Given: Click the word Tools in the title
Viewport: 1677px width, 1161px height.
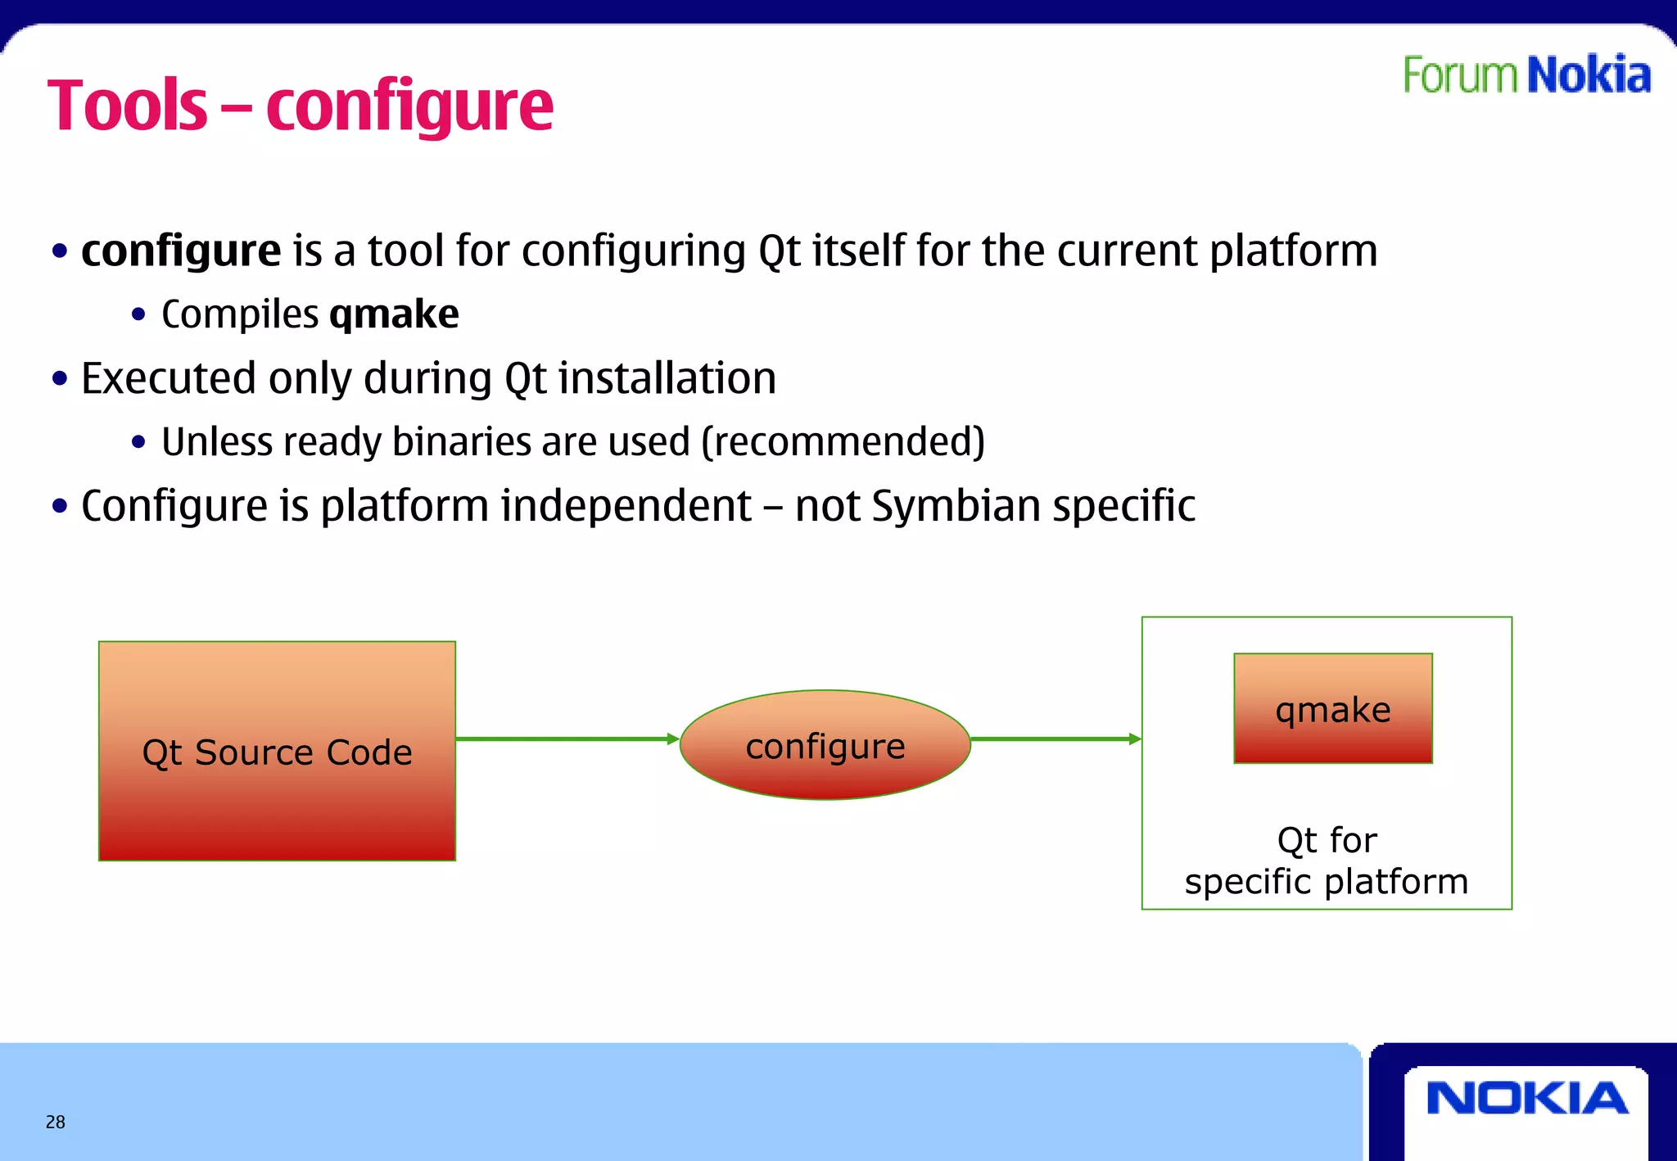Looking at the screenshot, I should [x=128, y=106].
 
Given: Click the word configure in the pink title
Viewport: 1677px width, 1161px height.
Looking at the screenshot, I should [x=409, y=108].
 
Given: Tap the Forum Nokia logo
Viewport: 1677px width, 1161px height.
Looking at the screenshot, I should [x=1526, y=75].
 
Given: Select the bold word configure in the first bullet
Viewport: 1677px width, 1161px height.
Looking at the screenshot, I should [x=181, y=251].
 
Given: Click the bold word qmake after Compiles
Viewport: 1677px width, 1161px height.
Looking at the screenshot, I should [x=394, y=314].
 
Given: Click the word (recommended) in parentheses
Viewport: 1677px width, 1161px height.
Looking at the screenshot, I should [x=843, y=442].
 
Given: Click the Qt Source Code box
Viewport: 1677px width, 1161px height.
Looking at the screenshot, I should [x=277, y=751].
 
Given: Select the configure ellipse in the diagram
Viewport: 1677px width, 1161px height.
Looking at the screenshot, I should [x=825, y=745].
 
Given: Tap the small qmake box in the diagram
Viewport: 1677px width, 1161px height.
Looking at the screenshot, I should [x=1332, y=708].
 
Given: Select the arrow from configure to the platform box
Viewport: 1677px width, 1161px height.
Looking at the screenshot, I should [x=1055, y=739].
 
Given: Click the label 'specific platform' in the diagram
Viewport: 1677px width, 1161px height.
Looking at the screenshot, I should [x=1326, y=882].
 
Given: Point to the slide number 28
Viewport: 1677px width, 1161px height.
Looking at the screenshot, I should [x=56, y=1122].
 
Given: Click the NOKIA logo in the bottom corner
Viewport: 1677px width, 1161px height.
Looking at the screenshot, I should [x=1526, y=1099].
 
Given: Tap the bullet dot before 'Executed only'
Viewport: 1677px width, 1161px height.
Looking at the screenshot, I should [x=59, y=379].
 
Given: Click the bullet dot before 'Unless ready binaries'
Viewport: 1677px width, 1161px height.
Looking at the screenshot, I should [x=138, y=443].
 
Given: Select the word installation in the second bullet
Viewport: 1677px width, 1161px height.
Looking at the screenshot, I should [x=667, y=379].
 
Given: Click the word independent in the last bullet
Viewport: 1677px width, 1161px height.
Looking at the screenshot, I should [x=626, y=506].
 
